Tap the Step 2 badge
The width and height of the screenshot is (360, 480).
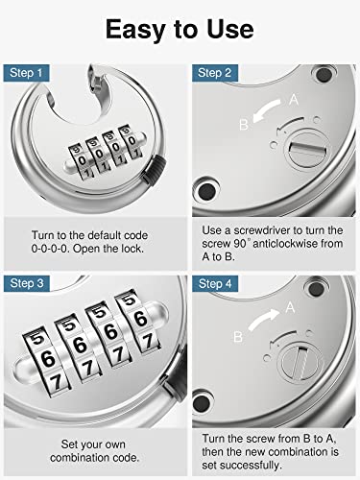click(212, 72)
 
